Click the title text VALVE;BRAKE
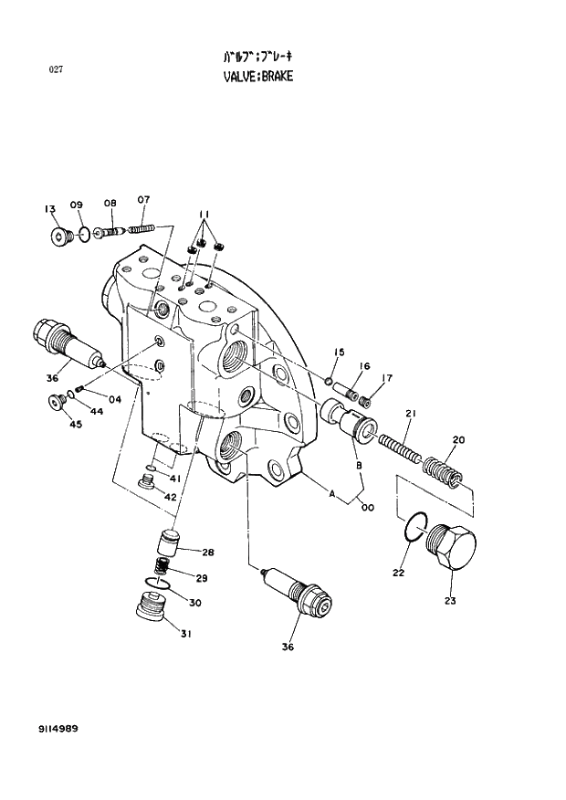[258, 77]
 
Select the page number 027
[56, 68]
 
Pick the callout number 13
[49, 208]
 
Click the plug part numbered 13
[60, 237]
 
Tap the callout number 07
[143, 200]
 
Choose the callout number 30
[194, 602]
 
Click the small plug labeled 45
[58, 400]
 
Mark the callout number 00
[367, 508]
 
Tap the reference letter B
[359, 466]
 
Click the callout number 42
[171, 496]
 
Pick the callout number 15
[339, 353]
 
